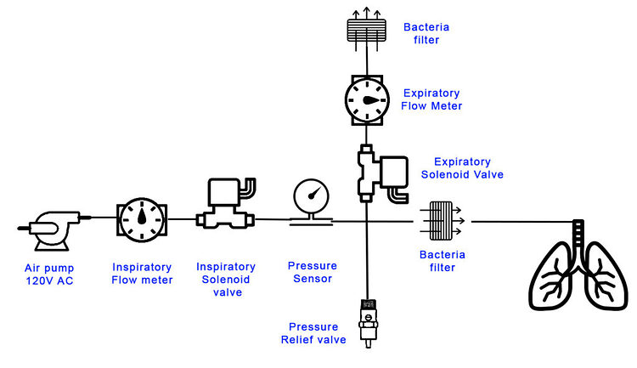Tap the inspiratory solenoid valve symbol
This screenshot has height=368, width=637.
[x=225, y=204]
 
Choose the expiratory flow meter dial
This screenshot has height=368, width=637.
[x=367, y=99]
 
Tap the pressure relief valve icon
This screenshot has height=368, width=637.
[x=368, y=321]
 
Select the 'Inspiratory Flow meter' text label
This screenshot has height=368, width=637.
[x=142, y=273]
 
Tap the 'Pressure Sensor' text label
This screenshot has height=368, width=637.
[x=312, y=273]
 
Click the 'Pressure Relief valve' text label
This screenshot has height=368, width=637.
[x=313, y=333]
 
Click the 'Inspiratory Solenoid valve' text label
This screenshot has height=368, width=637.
[x=225, y=279]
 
